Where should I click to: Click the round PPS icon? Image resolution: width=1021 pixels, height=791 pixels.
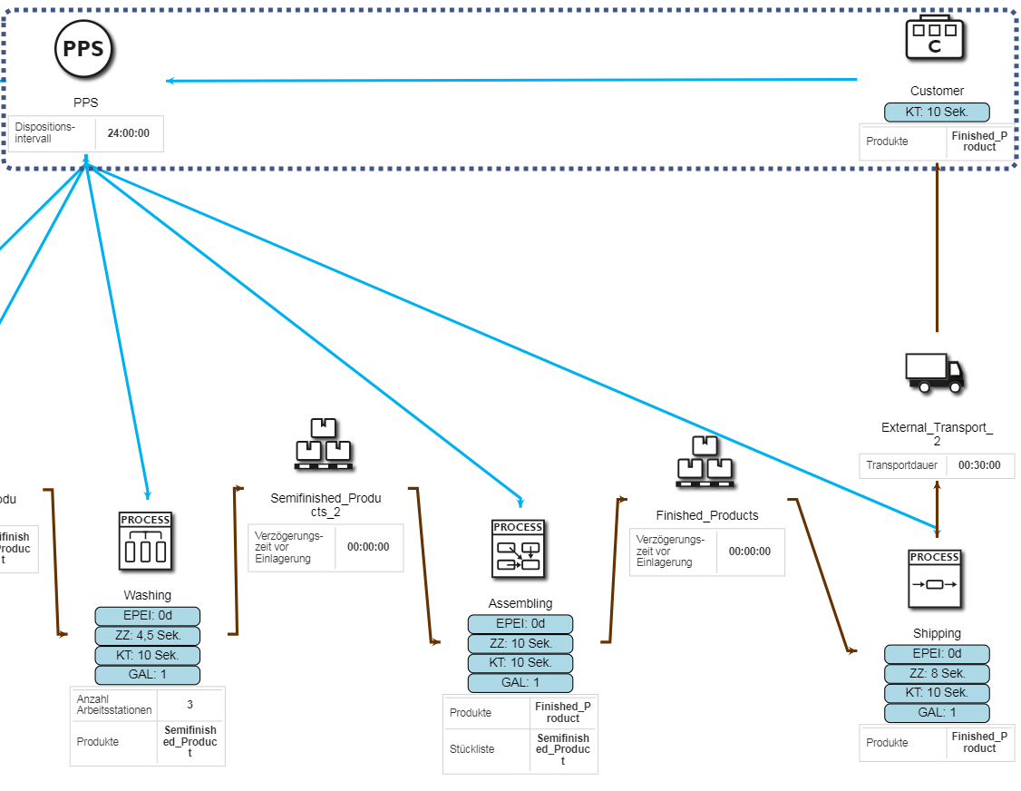click(x=83, y=48)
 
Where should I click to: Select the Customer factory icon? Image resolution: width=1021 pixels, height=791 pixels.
click(x=935, y=38)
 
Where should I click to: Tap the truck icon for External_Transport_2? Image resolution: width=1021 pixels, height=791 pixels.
click(x=935, y=372)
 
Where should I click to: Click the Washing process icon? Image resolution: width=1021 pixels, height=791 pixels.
click(x=145, y=542)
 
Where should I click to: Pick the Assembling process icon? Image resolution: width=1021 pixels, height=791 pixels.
click(x=519, y=549)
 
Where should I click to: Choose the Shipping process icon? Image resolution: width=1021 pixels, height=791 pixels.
click(x=935, y=579)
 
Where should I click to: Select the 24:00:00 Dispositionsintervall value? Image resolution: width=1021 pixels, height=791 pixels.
click(x=129, y=133)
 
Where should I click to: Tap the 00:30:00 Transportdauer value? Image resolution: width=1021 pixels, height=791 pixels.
click(x=979, y=465)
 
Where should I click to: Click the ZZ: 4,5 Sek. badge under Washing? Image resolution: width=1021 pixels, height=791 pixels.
click(x=148, y=636)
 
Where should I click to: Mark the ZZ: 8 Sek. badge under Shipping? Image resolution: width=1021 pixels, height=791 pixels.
click(x=937, y=673)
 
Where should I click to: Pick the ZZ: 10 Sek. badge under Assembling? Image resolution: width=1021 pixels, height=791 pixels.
click(x=520, y=643)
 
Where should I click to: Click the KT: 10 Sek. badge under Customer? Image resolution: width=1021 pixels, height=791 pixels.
click(x=937, y=112)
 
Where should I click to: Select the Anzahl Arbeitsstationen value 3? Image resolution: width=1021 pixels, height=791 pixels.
click(x=190, y=704)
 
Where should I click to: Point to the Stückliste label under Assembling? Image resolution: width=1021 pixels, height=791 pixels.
click(x=471, y=750)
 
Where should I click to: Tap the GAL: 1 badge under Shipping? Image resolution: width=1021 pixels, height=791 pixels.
click(x=937, y=712)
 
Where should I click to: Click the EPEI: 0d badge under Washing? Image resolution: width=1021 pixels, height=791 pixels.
click(x=148, y=616)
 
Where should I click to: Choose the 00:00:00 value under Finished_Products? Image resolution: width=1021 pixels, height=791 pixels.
click(x=750, y=552)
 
